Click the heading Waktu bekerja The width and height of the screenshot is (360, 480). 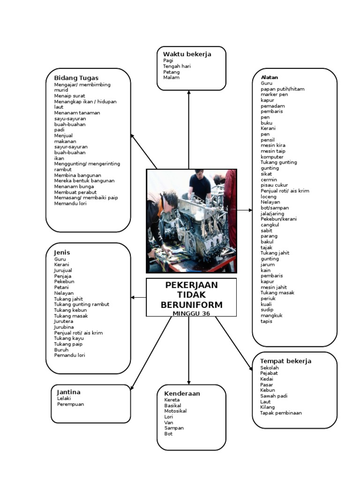(187, 54)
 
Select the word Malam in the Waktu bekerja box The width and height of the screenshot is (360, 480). (171, 78)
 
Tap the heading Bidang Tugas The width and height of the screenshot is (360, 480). (76, 77)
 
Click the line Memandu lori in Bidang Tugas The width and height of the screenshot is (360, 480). (70, 203)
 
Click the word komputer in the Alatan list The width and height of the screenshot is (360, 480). (272, 157)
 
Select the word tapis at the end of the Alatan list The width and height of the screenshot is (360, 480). (266, 321)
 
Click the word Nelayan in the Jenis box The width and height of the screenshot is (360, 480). (64, 293)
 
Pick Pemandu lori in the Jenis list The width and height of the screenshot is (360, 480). (69, 355)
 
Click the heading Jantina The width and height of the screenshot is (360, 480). (68, 392)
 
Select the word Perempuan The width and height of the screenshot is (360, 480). (70, 404)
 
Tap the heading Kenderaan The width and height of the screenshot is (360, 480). (182, 393)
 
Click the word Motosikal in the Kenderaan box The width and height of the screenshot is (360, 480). (175, 411)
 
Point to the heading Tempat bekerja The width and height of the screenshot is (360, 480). (285, 361)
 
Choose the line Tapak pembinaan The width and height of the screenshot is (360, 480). (281, 413)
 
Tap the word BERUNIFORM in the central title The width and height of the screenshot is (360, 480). (191, 305)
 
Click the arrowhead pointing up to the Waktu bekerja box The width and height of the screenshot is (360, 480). (189, 93)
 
